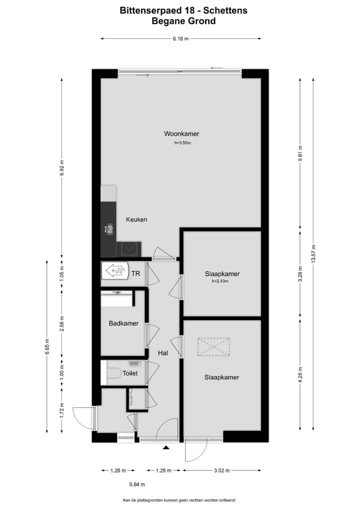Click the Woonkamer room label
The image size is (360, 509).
181,133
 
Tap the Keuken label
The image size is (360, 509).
136,219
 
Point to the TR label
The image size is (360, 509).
135,273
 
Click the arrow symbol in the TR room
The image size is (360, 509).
115,271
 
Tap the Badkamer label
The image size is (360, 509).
123,323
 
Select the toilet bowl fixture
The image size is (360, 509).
112,373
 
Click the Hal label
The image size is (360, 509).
163,353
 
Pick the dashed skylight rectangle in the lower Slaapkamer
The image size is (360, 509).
213,346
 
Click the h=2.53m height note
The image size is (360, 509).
220,281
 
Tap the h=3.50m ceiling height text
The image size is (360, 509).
182,143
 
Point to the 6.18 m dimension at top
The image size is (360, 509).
180,38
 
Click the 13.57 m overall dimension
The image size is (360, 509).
313,254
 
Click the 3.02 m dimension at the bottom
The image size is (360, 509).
221,470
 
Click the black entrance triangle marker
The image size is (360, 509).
166,448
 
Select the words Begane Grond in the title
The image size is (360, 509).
183,21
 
